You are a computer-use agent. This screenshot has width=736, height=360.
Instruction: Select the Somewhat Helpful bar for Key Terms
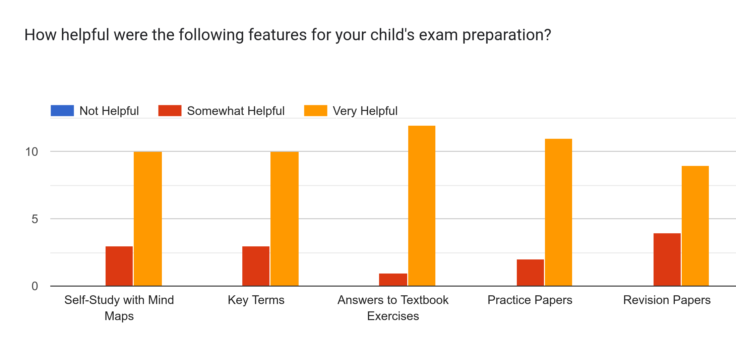[256, 266]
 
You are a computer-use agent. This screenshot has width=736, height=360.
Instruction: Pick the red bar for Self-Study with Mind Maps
[119, 266]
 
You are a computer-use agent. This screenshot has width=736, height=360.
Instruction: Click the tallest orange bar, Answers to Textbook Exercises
[422, 205]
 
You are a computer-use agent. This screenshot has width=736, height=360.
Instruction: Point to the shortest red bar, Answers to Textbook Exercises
[393, 280]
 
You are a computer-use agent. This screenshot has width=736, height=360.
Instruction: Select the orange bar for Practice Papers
[558, 212]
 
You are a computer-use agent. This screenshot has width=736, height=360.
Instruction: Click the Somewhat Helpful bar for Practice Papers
[530, 273]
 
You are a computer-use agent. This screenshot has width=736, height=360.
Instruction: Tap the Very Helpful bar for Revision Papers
[695, 226]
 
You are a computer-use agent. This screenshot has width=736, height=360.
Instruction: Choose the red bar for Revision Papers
[667, 259]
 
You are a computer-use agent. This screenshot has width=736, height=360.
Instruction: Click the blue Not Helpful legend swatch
[62, 111]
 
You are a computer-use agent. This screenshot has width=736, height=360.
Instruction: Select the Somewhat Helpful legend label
[236, 111]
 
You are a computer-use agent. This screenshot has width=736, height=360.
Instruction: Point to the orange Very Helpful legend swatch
[315, 111]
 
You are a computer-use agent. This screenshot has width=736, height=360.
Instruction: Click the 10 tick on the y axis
[32, 152]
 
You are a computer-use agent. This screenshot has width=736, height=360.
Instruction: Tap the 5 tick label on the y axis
[35, 219]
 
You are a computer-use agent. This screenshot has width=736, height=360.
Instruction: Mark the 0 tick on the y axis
[35, 286]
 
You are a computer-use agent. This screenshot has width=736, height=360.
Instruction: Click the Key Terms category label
[256, 300]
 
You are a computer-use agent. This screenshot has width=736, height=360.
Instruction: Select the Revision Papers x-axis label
[667, 300]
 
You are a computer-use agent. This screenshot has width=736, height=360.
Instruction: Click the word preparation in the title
[506, 35]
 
